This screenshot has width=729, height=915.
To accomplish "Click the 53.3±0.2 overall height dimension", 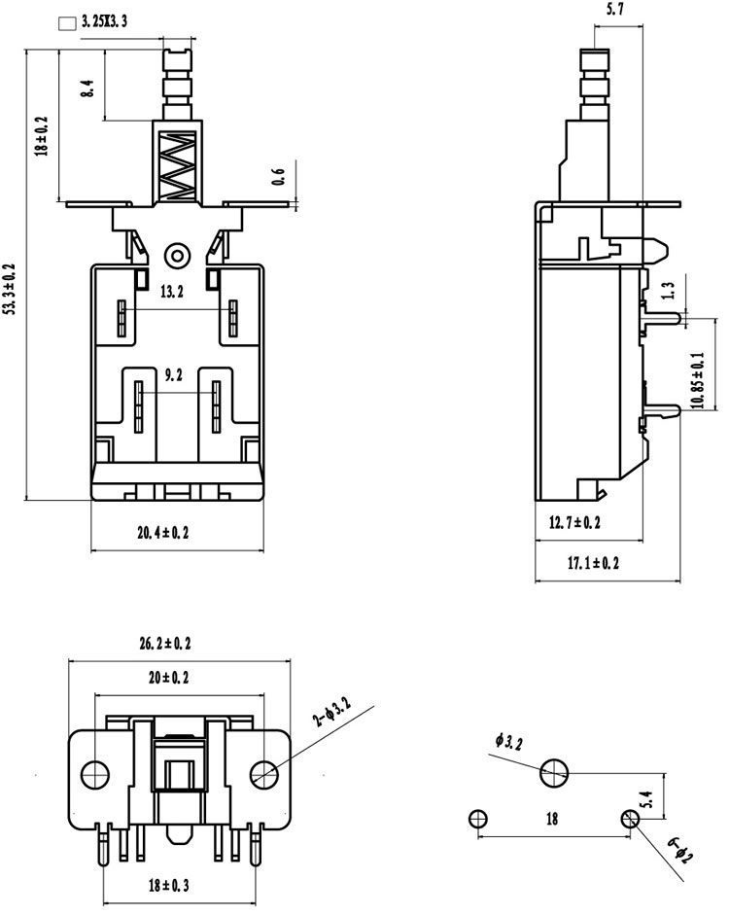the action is click(x=10, y=290).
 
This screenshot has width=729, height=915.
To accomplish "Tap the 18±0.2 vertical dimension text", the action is click(x=42, y=136).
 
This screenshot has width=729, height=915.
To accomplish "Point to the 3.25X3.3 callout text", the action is click(x=104, y=22).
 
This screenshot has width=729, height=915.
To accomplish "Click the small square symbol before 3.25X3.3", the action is click(x=68, y=24).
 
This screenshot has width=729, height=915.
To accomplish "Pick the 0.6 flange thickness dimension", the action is click(x=279, y=177).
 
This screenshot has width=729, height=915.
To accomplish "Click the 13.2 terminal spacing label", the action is click(x=171, y=291).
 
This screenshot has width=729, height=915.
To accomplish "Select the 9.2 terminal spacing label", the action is click(x=173, y=375).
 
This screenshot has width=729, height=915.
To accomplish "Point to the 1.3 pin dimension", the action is click(x=669, y=291).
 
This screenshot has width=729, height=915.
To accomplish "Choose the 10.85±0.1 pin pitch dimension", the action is click(x=698, y=380).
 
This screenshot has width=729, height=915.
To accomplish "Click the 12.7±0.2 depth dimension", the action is click(x=574, y=522).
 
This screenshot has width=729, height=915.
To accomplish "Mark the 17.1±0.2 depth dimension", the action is click(x=593, y=563).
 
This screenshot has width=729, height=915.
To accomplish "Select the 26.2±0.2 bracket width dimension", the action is click(x=165, y=644).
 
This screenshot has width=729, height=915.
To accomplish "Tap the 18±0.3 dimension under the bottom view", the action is click(x=168, y=885).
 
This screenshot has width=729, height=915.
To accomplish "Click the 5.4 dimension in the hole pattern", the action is click(x=645, y=799).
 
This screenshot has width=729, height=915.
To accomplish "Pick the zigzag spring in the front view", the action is click(x=177, y=167).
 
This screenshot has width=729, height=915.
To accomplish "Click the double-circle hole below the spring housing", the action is click(x=177, y=256).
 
